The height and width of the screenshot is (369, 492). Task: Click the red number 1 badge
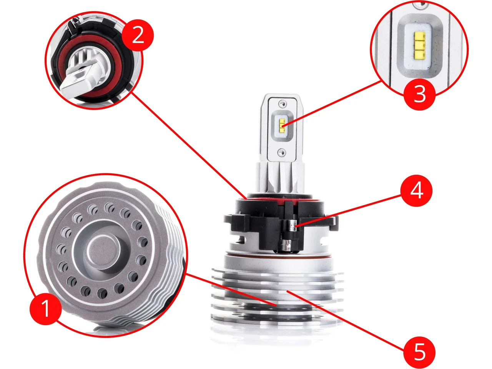[x=46, y=309]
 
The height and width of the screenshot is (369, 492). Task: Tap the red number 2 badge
[x=138, y=35]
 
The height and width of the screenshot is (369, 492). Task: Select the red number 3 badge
[x=419, y=94]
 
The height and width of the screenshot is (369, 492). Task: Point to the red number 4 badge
[x=417, y=191]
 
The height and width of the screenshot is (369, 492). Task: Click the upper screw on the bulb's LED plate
[x=282, y=104]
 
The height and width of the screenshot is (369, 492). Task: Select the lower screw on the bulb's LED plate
[x=282, y=153]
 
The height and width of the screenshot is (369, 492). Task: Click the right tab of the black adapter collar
[x=330, y=223]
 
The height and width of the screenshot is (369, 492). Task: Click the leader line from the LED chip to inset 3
[x=332, y=104]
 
